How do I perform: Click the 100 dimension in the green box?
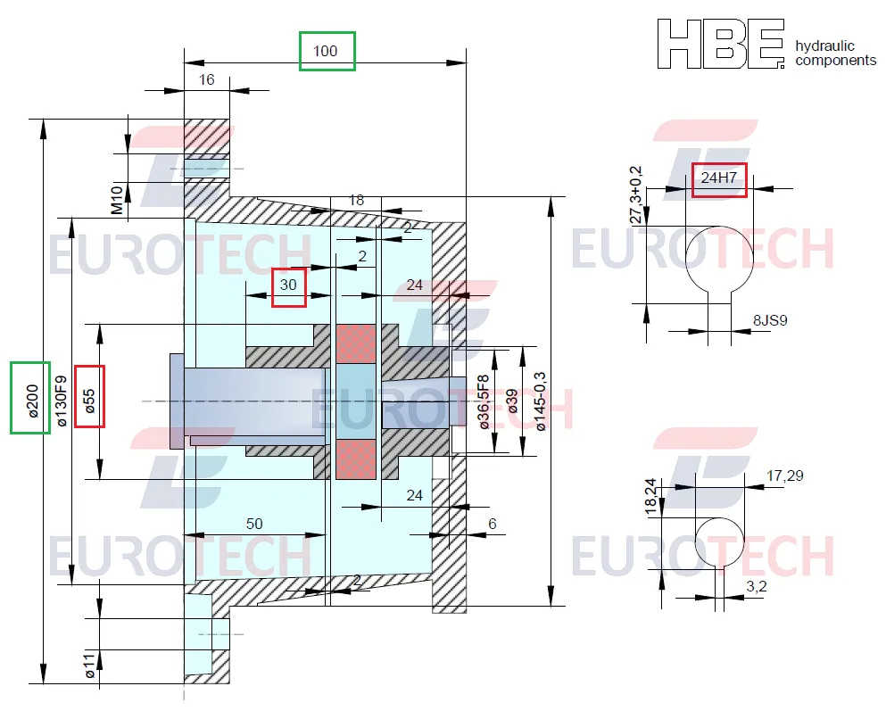click(325, 51)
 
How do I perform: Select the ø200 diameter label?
click(32, 401)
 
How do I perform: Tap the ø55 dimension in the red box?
click(90, 401)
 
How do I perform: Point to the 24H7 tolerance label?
click(719, 178)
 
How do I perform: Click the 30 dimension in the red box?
click(288, 285)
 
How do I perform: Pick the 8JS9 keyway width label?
click(770, 321)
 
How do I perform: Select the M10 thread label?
click(116, 201)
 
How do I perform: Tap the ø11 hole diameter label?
click(89, 666)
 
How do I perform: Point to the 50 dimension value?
click(254, 524)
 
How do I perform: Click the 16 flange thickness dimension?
click(206, 79)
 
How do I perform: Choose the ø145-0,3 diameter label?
click(540, 401)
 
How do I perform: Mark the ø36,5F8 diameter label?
click(484, 402)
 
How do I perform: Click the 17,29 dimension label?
click(785, 476)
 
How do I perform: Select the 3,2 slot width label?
click(756, 587)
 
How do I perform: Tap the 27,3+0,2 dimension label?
click(636, 194)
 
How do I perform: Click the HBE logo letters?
click(721, 44)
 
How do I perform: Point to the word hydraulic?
click(824, 45)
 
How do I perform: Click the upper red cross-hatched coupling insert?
click(356, 344)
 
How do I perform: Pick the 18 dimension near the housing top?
click(356, 201)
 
